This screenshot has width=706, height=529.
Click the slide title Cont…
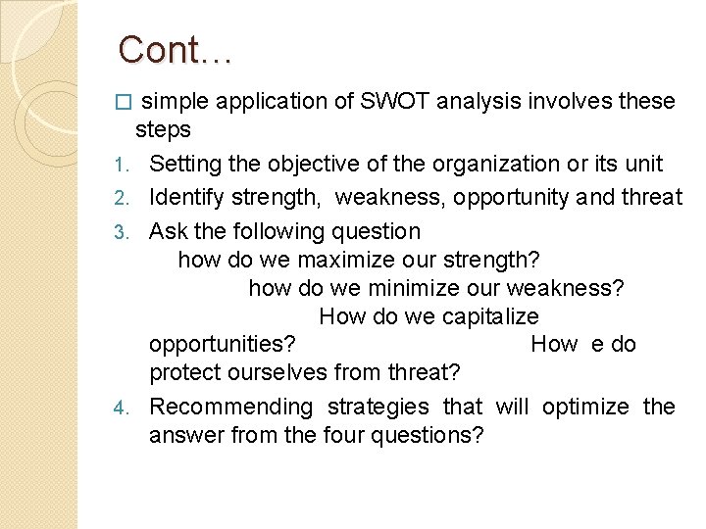pos(175,49)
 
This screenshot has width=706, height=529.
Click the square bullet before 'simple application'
pos(123,102)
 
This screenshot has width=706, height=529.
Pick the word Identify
pos(186,198)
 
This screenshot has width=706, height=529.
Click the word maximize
pos(341,261)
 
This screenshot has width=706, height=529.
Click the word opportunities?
pos(224,345)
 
